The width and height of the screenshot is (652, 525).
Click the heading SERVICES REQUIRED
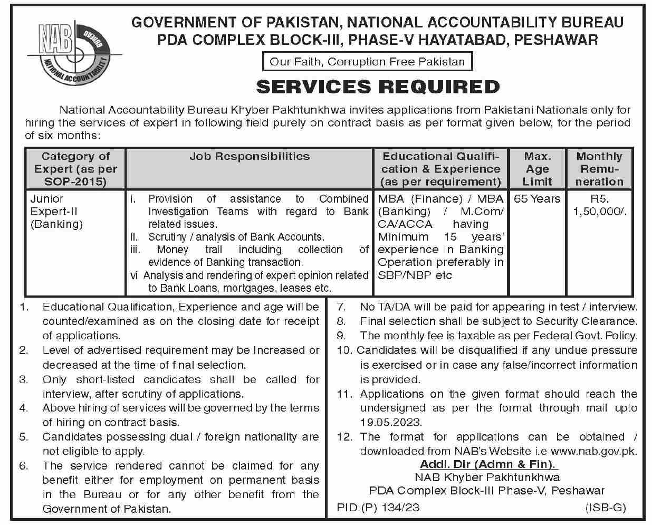(x=378, y=87)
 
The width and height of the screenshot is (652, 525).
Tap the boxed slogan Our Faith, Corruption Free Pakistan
(x=367, y=62)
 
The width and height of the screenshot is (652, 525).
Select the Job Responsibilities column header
(x=250, y=156)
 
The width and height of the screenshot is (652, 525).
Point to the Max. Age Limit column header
(x=537, y=169)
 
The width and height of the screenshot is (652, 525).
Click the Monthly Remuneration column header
(x=599, y=169)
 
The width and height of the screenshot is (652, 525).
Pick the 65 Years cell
(x=536, y=199)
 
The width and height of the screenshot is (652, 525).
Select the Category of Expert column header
(x=75, y=169)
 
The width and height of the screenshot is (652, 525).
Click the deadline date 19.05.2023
(x=391, y=423)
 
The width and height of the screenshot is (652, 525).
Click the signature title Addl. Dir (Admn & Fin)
(x=488, y=465)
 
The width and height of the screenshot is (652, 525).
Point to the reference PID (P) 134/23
(x=378, y=508)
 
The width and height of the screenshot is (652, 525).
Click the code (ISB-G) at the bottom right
(x=605, y=508)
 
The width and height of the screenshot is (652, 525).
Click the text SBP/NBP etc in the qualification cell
(x=415, y=275)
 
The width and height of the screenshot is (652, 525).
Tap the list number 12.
(x=344, y=437)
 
